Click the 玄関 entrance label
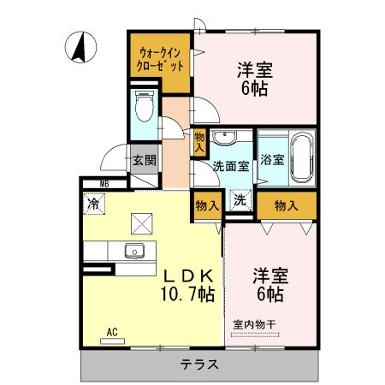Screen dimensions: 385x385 (144, 158)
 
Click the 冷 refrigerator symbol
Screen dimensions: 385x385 (92, 204)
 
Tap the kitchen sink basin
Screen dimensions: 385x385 (134, 252)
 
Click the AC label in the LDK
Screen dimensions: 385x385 (111, 331)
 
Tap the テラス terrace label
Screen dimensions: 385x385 (199, 364)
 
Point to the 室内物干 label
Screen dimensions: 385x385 (256, 324)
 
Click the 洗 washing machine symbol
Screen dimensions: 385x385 (240, 201)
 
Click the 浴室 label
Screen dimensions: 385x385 (271, 158)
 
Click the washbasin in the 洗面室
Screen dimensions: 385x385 (227, 139)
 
